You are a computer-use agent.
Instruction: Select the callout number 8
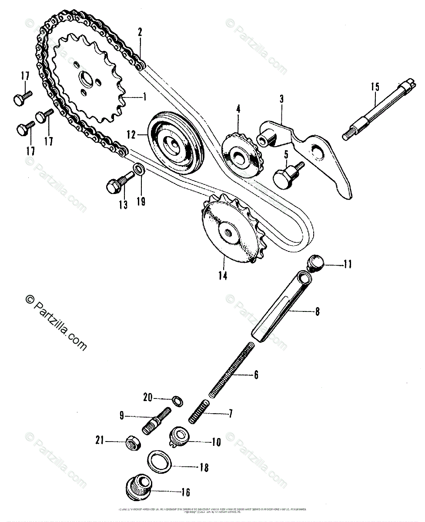[x=317, y=311]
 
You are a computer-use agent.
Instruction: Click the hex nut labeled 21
[x=133, y=443]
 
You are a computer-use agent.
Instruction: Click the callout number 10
[x=216, y=443]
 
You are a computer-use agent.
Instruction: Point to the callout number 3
[x=281, y=99]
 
